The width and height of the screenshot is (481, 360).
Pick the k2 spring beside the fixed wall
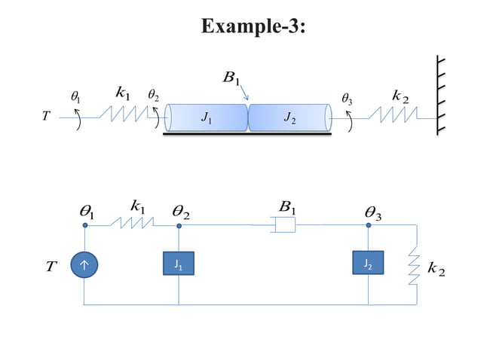[x=393, y=115]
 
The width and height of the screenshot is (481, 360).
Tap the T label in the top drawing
[x=46, y=117]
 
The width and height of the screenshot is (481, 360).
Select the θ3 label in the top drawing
[x=347, y=98]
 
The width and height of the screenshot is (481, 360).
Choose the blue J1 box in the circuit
[x=179, y=264]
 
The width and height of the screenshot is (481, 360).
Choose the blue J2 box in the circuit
[x=368, y=264]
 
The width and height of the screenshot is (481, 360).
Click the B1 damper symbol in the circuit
[x=284, y=224]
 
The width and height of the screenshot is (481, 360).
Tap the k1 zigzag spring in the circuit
[x=133, y=224]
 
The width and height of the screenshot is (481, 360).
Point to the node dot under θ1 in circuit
[x=85, y=224]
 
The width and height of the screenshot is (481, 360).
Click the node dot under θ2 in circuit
[x=179, y=224]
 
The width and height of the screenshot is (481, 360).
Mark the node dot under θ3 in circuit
[x=369, y=224]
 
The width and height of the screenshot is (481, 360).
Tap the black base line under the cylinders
[x=247, y=135]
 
